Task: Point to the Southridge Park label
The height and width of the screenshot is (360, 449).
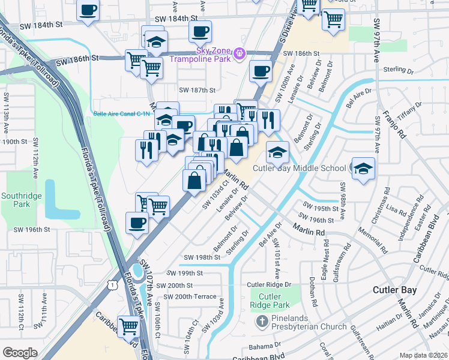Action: click(x=16, y=200)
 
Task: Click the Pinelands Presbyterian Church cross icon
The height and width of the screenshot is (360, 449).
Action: click(x=262, y=322)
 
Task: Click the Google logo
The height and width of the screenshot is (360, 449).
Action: click(x=20, y=353)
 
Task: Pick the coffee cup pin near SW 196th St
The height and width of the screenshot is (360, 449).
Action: click(x=137, y=223)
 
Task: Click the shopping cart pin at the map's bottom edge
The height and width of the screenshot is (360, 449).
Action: click(x=129, y=327)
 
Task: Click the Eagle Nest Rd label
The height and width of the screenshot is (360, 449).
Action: click(x=325, y=256)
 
